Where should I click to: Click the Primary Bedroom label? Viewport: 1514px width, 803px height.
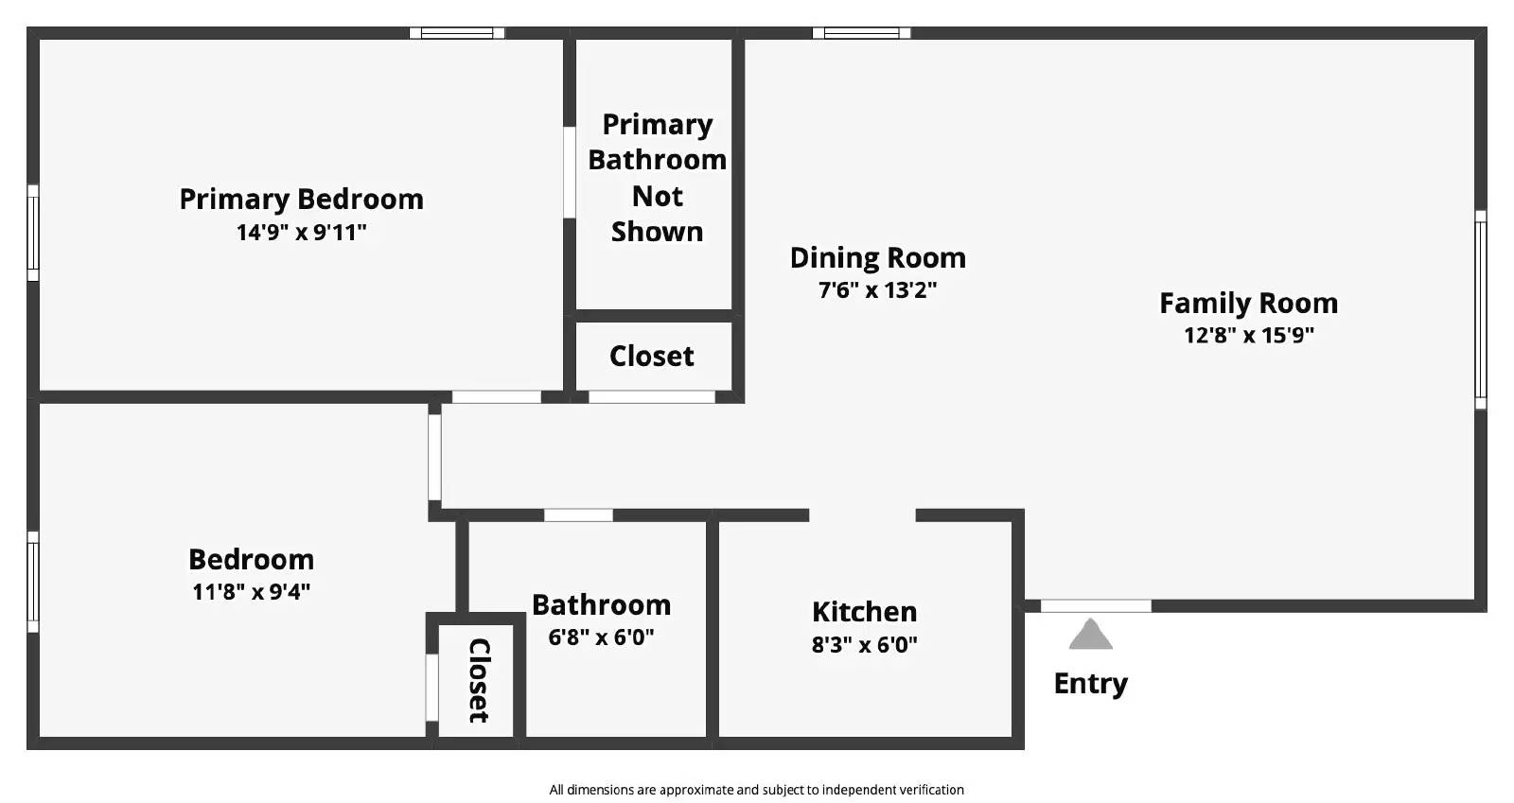pyautogui.click(x=301, y=199)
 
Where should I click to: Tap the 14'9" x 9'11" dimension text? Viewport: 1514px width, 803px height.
pyautogui.click(x=301, y=232)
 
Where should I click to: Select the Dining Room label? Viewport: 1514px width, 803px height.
pyautogui.click(x=877, y=257)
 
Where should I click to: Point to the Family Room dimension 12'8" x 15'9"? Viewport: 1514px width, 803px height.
pyautogui.click(x=1248, y=335)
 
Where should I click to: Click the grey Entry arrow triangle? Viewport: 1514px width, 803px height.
pyautogui.click(x=1090, y=635)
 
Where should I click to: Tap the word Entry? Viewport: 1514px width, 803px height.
pyautogui.click(x=1090, y=683)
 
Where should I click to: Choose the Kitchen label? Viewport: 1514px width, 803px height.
pyautogui.click(x=864, y=611)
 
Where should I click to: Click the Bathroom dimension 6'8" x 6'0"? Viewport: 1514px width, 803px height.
pyautogui.click(x=601, y=637)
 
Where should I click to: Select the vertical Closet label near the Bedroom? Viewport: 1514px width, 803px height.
pyautogui.click(x=479, y=680)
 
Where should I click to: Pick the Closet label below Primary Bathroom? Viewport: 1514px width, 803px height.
pyautogui.click(x=651, y=356)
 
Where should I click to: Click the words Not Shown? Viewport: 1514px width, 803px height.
pyautogui.click(x=657, y=214)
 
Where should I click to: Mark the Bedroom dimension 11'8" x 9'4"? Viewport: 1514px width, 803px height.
pyautogui.click(x=251, y=591)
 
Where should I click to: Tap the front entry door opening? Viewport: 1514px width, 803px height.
pyautogui.click(x=1096, y=605)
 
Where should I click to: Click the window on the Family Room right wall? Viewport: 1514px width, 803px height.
pyautogui.click(x=1481, y=309)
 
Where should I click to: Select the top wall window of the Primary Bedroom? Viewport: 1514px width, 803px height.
pyautogui.click(x=457, y=33)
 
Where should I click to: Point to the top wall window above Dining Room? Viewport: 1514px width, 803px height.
pyautogui.click(x=861, y=33)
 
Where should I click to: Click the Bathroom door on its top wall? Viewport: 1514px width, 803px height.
pyautogui.click(x=578, y=515)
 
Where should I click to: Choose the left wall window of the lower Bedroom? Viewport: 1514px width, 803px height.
pyautogui.click(x=33, y=582)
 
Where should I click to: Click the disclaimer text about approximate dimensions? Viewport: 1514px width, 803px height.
pyautogui.click(x=756, y=790)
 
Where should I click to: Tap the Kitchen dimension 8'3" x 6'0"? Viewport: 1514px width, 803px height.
pyautogui.click(x=864, y=644)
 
